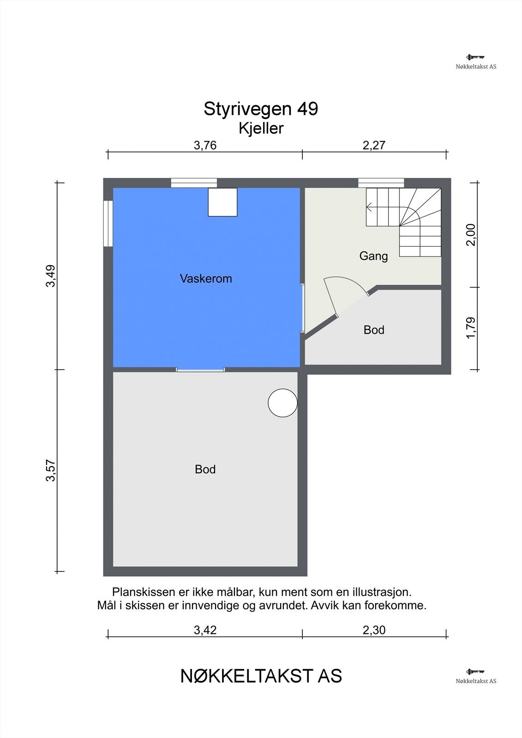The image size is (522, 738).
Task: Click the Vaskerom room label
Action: click(x=206, y=279)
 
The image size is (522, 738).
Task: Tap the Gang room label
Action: click(x=373, y=256)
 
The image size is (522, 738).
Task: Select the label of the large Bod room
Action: click(x=205, y=469)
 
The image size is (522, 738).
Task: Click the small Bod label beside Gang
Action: click(x=374, y=330)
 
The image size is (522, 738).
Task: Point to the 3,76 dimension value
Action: click(x=205, y=146)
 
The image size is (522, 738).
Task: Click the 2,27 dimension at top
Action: click(x=374, y=146)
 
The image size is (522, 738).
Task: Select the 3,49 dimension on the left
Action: click(x=50, y=276)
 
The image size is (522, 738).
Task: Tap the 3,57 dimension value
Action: click(x=50, y=470)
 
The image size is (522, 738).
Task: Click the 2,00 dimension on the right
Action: click(x=470, y=235)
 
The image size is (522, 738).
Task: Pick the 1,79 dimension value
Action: click(x=470, y=328)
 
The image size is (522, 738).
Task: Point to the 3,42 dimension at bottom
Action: click(x=205, y=630)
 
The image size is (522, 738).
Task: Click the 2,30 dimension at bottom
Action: click(x=374, y=630)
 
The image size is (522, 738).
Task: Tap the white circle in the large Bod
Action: click(x=282, y=403)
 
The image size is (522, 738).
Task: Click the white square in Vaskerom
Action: click(x=222, y=202)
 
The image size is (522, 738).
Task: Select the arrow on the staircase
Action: click(x=370, y=207)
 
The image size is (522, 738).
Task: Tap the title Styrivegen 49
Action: click(x=261, y=109)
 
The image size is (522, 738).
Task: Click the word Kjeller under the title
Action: click(x=261, y=128)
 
